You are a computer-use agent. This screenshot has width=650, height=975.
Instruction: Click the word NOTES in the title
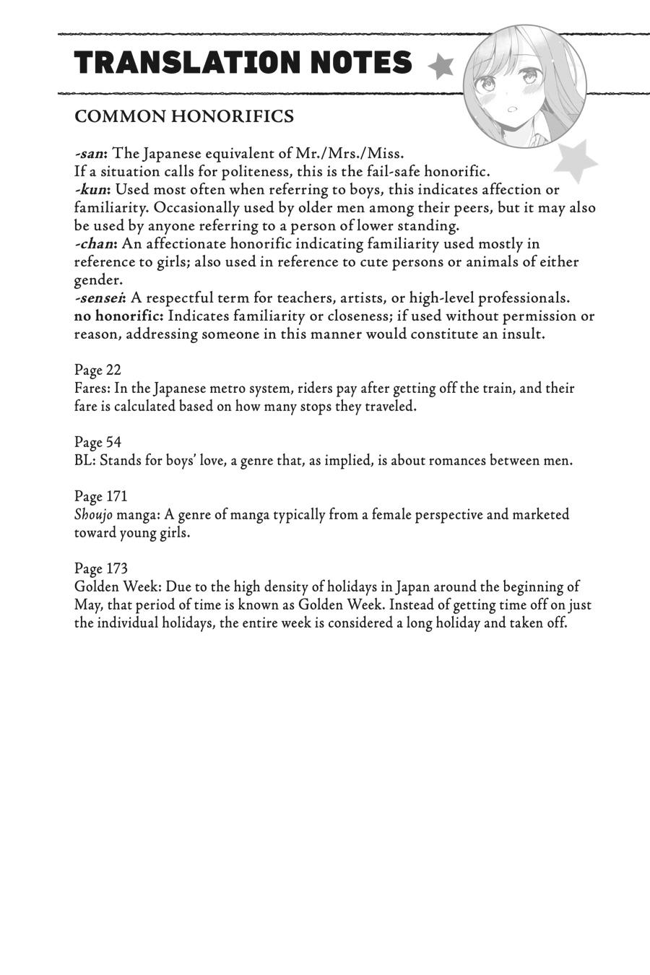361,64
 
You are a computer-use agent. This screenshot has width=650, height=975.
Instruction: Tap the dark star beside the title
441,66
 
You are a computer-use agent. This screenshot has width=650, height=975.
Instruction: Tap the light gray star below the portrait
575,161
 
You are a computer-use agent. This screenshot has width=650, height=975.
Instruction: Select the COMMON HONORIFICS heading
184,116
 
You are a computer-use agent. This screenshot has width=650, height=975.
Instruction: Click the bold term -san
90,154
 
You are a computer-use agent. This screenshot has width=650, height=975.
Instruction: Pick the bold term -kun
92,190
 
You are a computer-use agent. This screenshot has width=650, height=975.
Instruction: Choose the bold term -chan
95,244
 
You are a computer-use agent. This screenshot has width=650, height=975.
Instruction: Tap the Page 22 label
97,370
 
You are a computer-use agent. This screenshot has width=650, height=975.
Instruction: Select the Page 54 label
97,442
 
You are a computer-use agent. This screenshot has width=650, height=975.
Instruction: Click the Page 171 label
100,496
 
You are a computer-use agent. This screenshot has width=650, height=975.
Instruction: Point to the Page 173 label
100,568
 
